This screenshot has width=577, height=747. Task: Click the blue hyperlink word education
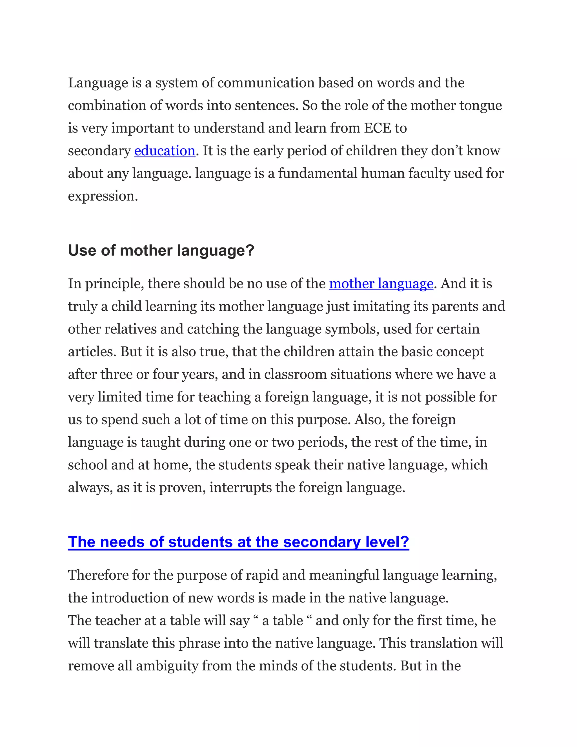(x=165, y=151)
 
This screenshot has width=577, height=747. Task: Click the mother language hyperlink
(x=381, y=284)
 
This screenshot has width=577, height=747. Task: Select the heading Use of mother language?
(x=161, y=251)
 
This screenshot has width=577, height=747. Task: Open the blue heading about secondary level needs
(x=238, y=542)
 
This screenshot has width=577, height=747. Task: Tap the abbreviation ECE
(x=377, y=128)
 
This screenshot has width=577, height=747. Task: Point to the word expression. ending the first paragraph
(x=103, y=196)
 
